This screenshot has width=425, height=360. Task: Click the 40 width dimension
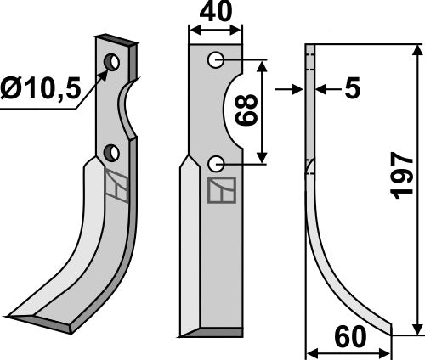(216, 14)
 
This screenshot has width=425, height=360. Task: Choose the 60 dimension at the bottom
(348, 338)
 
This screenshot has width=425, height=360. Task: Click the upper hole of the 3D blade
(112, 62)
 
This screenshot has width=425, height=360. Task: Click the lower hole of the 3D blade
(110, 153)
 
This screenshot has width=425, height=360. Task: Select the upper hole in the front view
(216, 59)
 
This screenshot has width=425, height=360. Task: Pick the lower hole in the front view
(216, 162)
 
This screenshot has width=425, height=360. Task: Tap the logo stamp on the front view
(222, 191)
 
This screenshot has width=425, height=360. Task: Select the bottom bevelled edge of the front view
(207, 330)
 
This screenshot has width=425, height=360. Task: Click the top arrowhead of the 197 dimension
(416, 48)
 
